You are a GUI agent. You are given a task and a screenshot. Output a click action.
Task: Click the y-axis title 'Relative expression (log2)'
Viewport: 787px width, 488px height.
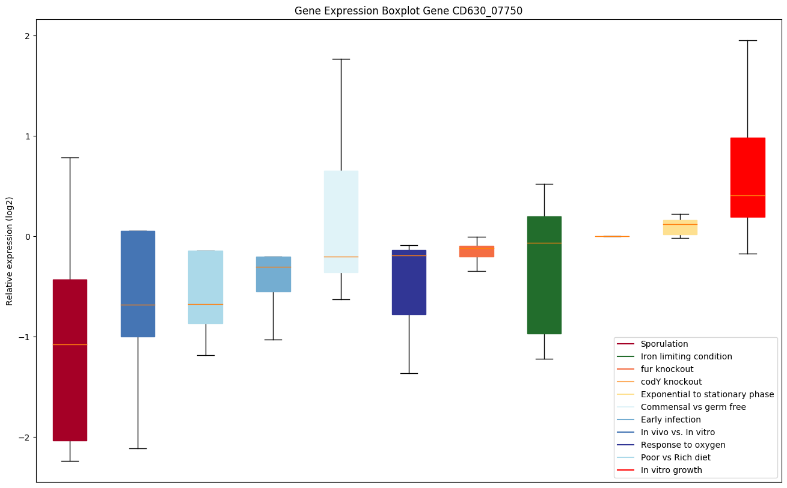click(10, 251)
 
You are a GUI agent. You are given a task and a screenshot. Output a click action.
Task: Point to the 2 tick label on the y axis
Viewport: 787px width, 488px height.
click(27, 36)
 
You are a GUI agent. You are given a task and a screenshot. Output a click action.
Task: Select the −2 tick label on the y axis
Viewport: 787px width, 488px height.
click(24, 438)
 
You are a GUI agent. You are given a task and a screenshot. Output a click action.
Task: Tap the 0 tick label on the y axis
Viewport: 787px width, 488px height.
click(27, 237)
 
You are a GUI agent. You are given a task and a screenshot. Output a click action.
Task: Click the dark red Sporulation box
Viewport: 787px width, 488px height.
click(70, 391)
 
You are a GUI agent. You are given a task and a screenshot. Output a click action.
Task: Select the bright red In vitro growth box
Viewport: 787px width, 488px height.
click(747, 168)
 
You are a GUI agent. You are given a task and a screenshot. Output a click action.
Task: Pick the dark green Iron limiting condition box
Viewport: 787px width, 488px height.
click(544, 288)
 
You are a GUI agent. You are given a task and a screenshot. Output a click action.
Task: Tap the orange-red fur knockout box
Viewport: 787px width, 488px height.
click(477, 251)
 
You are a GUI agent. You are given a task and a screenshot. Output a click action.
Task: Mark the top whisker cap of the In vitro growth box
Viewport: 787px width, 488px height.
click(747, 40)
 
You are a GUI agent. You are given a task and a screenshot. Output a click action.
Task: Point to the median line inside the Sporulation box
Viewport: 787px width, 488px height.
click(70, 344)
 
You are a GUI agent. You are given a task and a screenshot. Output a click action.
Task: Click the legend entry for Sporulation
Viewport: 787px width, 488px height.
click(664, 344)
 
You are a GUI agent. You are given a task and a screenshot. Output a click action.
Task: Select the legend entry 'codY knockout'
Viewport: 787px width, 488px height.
click(671, 382)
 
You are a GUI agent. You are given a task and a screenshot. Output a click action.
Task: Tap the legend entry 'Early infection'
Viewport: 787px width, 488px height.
click(670, 419)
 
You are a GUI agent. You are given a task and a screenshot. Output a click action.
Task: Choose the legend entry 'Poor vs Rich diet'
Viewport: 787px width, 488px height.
click(675, 457)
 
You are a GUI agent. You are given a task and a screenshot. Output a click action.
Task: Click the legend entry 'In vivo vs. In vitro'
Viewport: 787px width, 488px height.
click(678, 432)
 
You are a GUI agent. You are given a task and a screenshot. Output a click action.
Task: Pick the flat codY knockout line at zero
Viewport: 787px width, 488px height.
click(612, 236)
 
